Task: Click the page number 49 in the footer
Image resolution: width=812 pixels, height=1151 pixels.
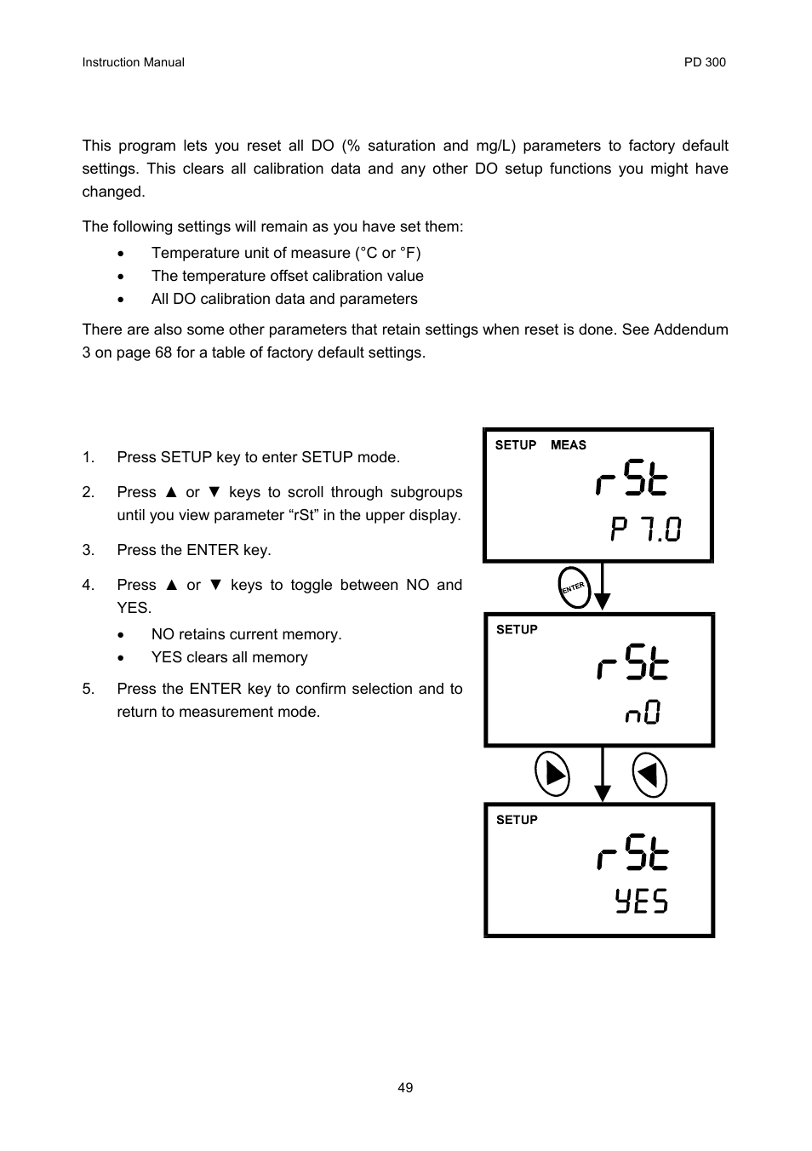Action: (x=405, y=1087)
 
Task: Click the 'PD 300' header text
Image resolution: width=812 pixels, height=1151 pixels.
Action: (x=705, y=62)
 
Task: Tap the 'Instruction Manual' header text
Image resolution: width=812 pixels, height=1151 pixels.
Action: (x=133, y=62)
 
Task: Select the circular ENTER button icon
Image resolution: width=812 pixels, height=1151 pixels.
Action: (x=575, y=587)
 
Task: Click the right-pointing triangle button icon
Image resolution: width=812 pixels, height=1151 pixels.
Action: (x=552, y=775)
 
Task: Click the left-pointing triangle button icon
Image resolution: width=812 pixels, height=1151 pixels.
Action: (x=649, y=775)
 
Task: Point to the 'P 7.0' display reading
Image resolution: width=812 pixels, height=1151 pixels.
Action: (x=645, y=530)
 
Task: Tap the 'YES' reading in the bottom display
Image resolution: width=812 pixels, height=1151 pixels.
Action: (x=642, y=901)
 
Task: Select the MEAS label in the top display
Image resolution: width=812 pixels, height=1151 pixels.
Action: (x=568, y=445)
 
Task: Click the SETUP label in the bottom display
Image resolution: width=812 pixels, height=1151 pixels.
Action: (x=517, y=820)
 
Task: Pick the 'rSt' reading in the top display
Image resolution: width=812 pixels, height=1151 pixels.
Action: (x=632, y=480)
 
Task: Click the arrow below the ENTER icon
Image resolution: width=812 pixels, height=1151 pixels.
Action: (x=603, y=587)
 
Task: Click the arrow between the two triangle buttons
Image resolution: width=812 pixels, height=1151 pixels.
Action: (x=603, y=775)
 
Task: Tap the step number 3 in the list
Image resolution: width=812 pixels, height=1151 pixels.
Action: (x=88, y=550)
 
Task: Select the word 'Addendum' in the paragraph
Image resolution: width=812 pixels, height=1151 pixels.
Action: (x=690, y=329)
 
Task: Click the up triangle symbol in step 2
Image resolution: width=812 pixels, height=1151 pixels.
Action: (x=171, y=492)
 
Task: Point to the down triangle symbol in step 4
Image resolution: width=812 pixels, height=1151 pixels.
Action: (x=215, y=585)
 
